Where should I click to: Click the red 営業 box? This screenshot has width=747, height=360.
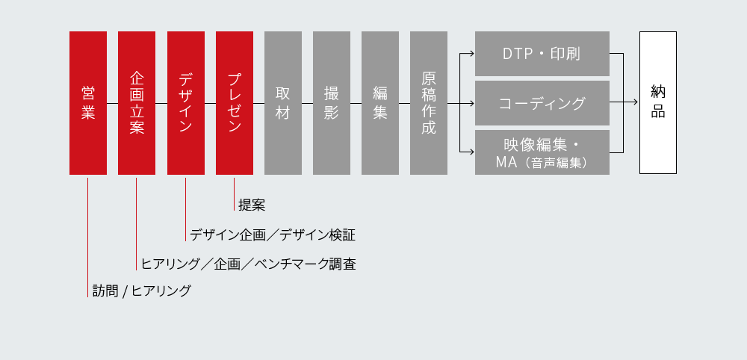tap(88, 103)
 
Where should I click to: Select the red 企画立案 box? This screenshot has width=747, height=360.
tap(137, 103)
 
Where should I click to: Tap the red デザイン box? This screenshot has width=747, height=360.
tap(186, 103)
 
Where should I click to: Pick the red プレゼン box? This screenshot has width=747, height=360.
tap(235, 103)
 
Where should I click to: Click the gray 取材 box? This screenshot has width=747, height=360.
tap(283, 103)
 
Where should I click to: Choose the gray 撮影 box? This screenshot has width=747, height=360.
tap(332, 103)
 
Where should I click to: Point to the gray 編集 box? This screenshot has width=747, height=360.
tap(380, 103)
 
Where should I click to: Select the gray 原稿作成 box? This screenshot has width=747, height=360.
tap(429, 103)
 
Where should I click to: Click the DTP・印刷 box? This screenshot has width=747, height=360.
tap(542, 54)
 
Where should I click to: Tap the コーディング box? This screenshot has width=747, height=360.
tap(542, 103)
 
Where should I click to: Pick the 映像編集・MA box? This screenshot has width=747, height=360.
tap(542, 152)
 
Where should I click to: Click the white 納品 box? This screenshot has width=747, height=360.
tap(658, 103)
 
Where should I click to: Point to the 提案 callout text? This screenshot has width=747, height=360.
tap(252, 205)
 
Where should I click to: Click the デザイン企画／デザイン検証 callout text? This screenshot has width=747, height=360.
tap(272, 235)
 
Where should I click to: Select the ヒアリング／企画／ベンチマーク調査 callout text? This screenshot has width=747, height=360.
tap(248, 264)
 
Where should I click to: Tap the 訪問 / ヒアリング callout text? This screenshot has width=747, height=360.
tap(141, 291)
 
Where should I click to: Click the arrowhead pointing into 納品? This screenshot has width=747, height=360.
tap(636, 103)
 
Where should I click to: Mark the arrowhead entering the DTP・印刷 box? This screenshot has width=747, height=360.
tap(471, 54)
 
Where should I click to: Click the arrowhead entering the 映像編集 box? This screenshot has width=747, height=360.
tap(471, 152)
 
